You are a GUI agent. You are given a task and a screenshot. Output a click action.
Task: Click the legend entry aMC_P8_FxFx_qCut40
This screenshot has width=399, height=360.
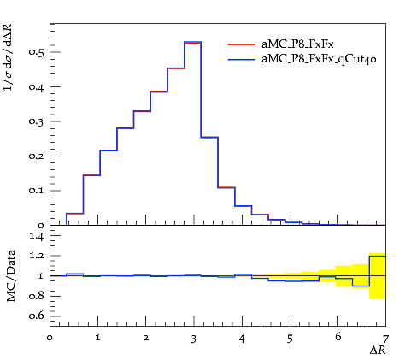point(319,59)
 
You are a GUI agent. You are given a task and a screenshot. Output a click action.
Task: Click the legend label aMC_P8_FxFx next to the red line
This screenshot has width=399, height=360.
point(297,44)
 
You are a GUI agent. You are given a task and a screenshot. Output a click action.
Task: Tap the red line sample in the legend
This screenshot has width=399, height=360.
point(242,44)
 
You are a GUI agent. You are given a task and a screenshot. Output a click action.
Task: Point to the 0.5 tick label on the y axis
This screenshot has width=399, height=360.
point(36,52)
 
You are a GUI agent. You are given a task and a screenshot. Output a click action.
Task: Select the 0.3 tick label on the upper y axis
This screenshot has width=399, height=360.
point(36,121)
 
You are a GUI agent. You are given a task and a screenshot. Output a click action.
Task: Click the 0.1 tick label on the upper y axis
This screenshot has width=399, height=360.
point(36,191)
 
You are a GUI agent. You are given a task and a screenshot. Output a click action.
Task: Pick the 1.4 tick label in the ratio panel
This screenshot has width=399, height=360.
point(37,236)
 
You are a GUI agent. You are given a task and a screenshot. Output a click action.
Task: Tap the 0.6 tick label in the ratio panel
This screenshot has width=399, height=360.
point(36,316)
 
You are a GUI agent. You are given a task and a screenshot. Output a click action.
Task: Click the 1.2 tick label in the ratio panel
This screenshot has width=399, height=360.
point(37,256)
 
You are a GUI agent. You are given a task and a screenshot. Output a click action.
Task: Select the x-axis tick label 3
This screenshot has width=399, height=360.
point(194,339)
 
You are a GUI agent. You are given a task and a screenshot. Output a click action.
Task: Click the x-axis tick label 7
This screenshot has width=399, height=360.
point(385,339)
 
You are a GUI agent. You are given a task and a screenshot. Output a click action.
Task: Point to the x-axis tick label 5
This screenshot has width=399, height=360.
point(290,339)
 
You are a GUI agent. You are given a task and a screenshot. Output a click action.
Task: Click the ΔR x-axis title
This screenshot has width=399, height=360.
point(378,350)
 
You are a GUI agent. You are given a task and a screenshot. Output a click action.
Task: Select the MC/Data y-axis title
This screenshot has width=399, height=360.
point(11,275)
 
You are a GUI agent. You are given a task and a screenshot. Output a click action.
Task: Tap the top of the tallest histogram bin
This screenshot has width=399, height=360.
point(193,42)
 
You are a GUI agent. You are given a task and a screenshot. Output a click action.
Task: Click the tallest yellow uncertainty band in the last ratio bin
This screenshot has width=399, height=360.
point(378,276)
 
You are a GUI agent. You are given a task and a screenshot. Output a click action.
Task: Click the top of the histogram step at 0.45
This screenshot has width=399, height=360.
point(176,68)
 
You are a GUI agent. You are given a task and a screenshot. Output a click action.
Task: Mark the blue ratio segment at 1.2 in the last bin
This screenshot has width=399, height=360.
point(378,256)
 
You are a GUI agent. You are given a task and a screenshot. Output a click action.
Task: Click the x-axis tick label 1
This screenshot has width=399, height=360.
point(97,339)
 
